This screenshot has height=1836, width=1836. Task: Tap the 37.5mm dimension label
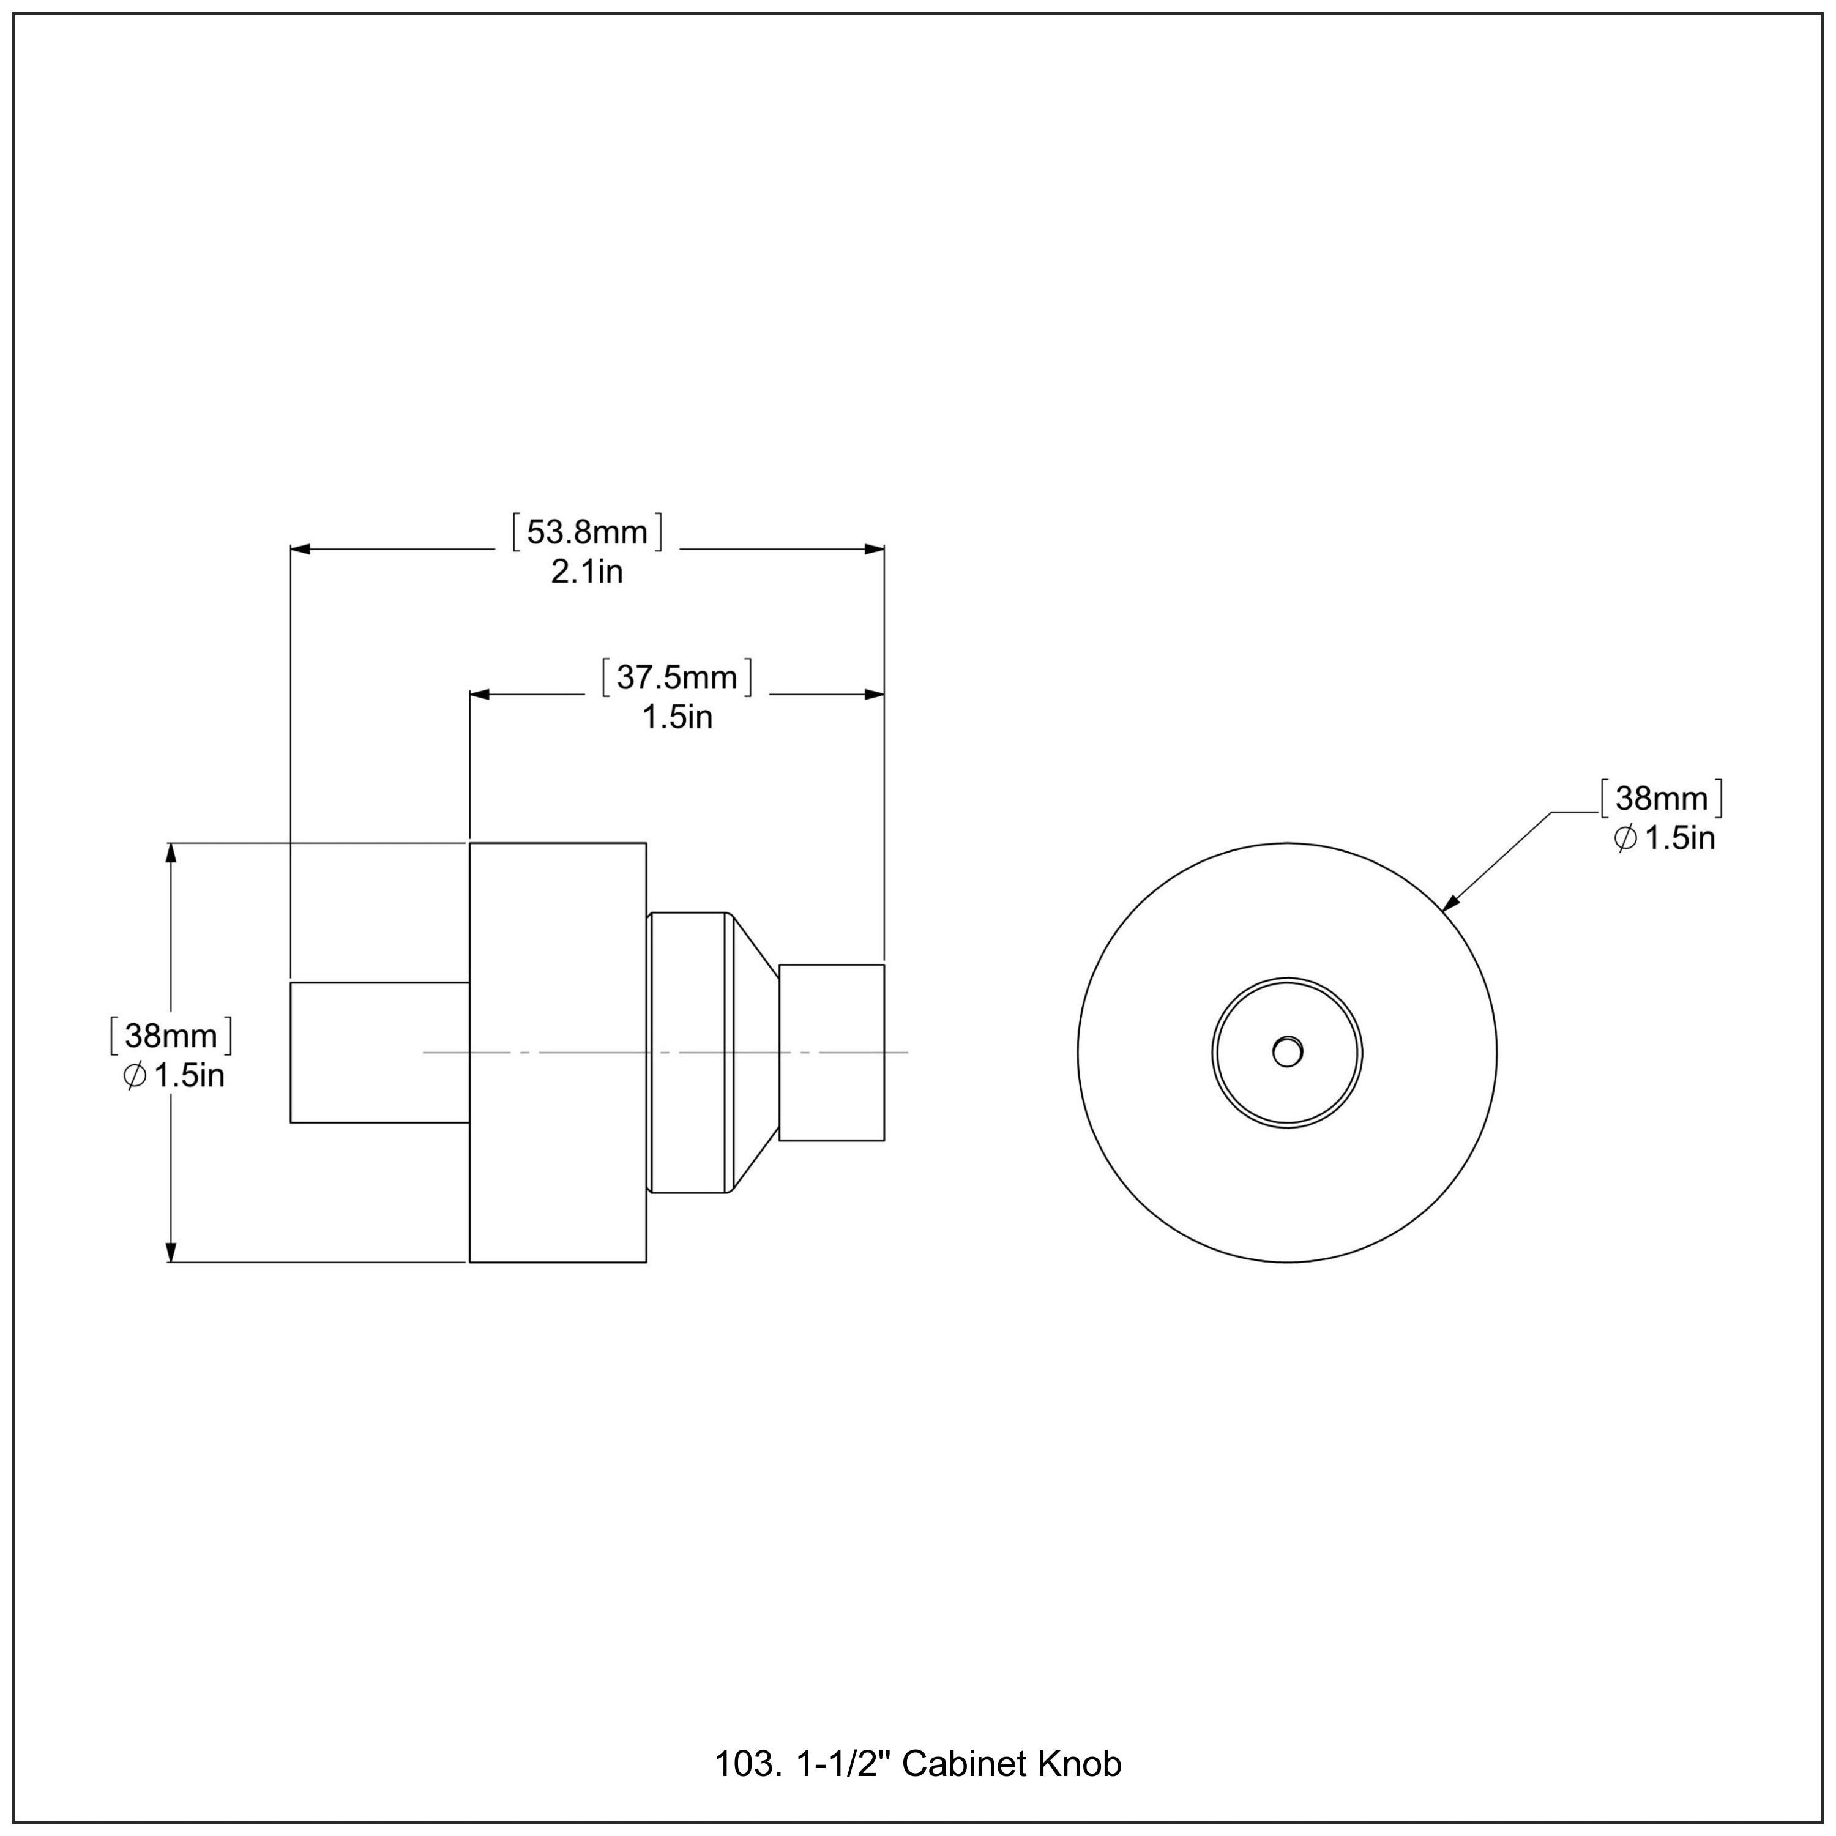click(677, 677)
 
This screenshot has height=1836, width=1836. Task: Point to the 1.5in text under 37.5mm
click(677, 717)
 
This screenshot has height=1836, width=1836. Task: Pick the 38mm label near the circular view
click(1661, 798)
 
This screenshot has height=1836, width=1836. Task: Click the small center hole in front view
click(1286, 1052)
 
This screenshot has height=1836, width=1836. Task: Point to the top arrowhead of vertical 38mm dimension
click(171, 853)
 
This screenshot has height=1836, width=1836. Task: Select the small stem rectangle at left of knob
click(379, 1052)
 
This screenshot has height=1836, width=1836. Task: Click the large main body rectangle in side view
click(558, 1052)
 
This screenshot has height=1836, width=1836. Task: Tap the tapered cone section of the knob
click(755, 1052)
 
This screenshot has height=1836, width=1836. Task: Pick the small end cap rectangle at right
click(832, 1052)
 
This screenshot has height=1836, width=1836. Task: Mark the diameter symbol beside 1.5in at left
click(134, 1076)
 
